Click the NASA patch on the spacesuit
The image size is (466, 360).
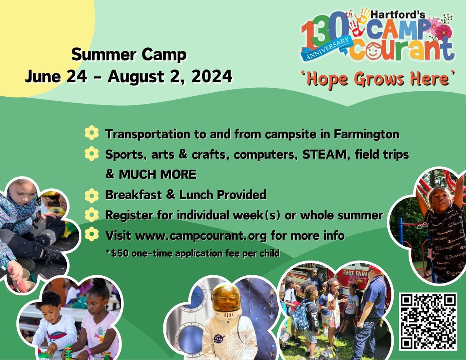pos(219,339)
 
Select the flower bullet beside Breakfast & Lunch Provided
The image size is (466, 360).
pos(92,195)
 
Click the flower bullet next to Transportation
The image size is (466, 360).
pos(92,134)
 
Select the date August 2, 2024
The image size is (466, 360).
pos(170,76)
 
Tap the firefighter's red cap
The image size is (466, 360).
pos(375,268)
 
